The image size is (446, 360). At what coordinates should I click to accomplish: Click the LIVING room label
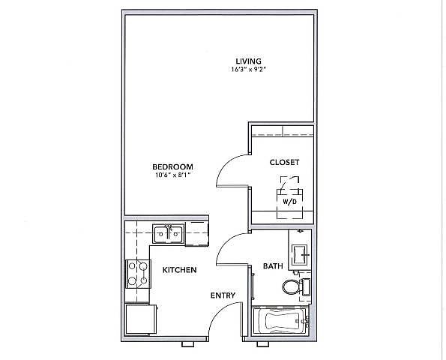pyautogui.click(x=248, y=61)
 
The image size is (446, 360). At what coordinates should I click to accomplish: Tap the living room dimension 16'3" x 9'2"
pyautogui.click(x=248, y=69)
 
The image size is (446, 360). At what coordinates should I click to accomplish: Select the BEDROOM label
pyautogui.click(x=172, y=166)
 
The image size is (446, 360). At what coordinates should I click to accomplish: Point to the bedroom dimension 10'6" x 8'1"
pyautogui.click(x=172, y=175)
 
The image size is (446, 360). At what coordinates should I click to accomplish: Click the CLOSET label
pyautogui.click(x=284, y=162)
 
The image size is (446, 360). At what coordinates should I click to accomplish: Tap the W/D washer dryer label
pyautogui.click(x=289, y=202)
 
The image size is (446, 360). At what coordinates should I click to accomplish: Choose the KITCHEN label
pyautogui.click(x=179, y=270)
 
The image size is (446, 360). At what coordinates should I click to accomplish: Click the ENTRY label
pyautogui.click(x=223, y=295)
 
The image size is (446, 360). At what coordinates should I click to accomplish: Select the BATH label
pyautogui.click(x=273, y=266)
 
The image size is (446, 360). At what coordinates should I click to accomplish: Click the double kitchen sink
pyautogui.click(x=169, y=234)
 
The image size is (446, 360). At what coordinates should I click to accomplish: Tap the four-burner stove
pyautogui.click(x=138, y=274)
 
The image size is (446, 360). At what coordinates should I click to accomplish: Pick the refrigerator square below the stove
pyautogui.click(x=141, y=319)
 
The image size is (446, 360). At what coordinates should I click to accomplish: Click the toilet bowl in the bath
pyautogui.click(x=290, y=286)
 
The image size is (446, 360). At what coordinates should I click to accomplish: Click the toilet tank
pyautogui.click(x=306, y=286)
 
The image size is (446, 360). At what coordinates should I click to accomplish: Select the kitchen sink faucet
pyautogui.click(x=169, y=228)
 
